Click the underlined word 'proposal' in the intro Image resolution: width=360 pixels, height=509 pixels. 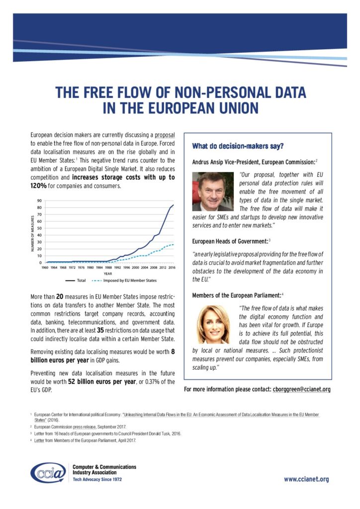pyautogui.click(x=165, y=135)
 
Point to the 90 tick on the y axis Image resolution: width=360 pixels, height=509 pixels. pyautogui.click(x=39, y=201)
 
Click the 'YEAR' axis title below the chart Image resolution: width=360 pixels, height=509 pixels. pyautogui.click(x=108, y=273)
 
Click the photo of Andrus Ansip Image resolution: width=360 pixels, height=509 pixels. pyautogui.click(x=212, y=191)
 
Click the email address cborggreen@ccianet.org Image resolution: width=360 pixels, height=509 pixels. pyautogui.click(x=302, y=389)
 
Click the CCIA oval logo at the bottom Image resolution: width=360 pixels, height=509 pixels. pyautogui.click(x=48, y=473)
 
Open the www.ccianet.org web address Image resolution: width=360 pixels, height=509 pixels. pyautogui.click(x=306, y=479)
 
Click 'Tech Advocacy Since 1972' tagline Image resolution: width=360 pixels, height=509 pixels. pyautogui.click(x=97, y=480)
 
